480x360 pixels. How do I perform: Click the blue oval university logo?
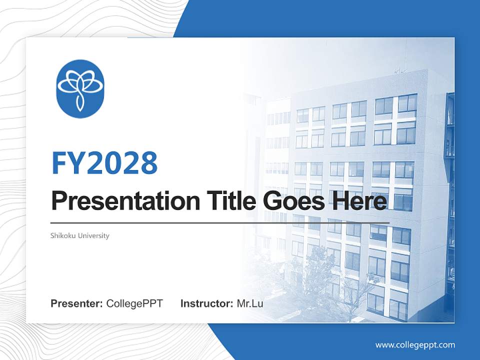80,88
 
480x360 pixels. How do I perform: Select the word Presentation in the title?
118,201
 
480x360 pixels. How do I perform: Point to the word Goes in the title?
290,201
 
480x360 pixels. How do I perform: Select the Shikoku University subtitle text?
80,235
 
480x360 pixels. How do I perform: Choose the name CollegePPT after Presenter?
134,303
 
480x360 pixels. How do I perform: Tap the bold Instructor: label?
206,303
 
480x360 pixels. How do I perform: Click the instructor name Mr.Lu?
250,303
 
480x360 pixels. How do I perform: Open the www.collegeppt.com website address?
415,345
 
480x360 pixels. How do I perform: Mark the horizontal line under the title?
220,222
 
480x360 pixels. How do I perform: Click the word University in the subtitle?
93,235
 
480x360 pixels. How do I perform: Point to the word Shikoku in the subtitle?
62,235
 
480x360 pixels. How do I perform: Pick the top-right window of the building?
407,103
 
